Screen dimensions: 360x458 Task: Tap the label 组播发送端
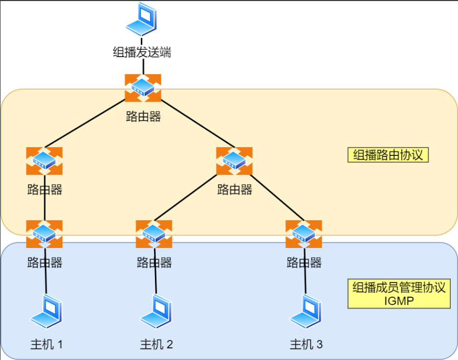pos(142,52)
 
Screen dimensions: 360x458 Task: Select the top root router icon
pos(143,87)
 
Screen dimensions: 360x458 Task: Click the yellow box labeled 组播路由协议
pos(388,155)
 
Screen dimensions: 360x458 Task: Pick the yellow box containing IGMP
pos(399,294)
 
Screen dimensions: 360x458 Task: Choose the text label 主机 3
pos(306,344)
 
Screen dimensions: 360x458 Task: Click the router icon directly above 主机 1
pos(44,234)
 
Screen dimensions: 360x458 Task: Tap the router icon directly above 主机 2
pos(154,234)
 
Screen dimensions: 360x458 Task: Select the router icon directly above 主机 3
pos(304,234)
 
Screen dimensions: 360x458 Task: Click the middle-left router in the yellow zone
pos(44,161)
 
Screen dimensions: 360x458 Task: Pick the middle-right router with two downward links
pos(234,161)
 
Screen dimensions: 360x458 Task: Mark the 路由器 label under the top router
pos(143,116)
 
